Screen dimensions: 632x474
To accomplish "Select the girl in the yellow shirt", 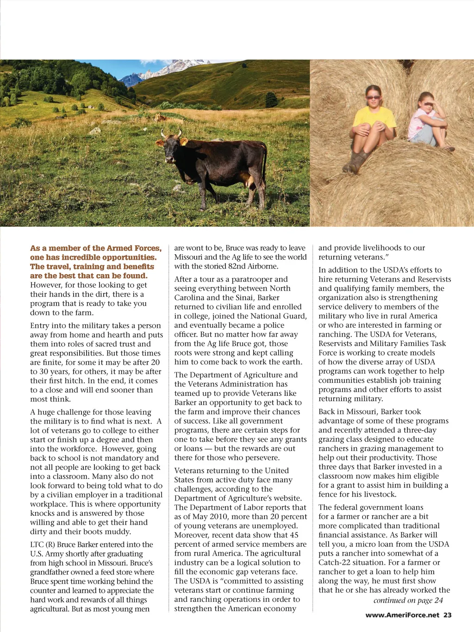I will coord(373,125).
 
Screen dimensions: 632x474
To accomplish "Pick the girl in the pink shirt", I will coord(429,122).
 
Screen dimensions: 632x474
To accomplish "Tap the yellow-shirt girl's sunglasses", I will coord(373,98).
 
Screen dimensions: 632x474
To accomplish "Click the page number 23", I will coord(447,615).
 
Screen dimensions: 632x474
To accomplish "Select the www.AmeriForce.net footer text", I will coord(402,615).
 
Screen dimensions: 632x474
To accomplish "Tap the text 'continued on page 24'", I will coord(408,601).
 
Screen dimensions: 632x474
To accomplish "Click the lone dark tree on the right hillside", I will coord(271,99).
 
